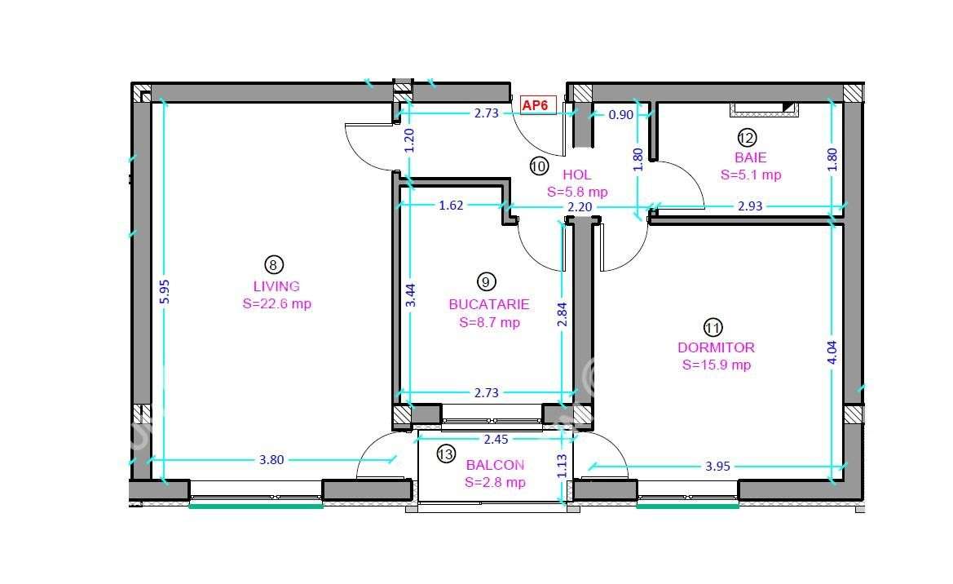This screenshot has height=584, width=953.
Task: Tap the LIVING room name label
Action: (276, 286)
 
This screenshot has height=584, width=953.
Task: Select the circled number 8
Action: (274, 264)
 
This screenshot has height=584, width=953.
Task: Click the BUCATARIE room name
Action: (489, 304)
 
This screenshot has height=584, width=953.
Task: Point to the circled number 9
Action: (486, 282)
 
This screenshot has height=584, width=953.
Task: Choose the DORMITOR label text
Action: (716, 347)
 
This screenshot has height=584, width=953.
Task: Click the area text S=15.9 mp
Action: (716, 365)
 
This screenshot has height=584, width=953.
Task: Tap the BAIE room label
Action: (750, 157)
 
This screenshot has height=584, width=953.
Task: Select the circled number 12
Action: (747, 137)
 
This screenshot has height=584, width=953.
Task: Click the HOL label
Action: (576, 175)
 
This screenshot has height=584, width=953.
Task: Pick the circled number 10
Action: (539, 166)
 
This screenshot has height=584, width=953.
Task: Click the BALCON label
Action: (495, 465)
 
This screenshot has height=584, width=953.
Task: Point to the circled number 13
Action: (446, 454)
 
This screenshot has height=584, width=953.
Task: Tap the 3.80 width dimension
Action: (271, 460)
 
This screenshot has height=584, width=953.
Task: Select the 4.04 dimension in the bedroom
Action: (832, 352)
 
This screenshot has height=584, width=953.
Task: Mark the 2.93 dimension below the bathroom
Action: (749, 206)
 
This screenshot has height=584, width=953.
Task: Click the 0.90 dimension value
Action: (621, 115)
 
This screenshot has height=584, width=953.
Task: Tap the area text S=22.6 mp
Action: (276, 304)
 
